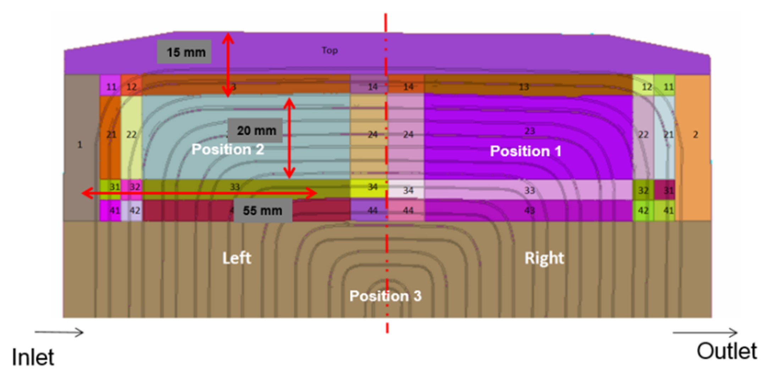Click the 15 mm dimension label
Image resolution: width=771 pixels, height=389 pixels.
185,52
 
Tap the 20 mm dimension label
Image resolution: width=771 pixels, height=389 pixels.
255,130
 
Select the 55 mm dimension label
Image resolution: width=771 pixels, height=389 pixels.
263,211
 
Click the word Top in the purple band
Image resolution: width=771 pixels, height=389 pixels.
330,50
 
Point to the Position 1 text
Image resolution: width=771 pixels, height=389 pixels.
525,151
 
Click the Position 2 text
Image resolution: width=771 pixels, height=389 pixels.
228,149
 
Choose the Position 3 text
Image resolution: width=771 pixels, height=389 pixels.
385,296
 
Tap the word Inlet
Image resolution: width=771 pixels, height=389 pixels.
33,357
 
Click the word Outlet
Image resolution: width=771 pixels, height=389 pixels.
727,351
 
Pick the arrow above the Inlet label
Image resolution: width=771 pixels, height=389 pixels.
59,332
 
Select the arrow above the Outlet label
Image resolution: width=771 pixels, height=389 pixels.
705,333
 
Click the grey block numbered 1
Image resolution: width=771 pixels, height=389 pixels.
80,145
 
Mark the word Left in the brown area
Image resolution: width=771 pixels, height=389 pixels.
237,258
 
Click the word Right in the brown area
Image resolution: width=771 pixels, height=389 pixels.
544,258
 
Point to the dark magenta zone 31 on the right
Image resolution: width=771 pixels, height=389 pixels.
665,190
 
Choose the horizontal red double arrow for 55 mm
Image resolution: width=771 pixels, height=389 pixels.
199,193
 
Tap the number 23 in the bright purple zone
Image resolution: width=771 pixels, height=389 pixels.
529,131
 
